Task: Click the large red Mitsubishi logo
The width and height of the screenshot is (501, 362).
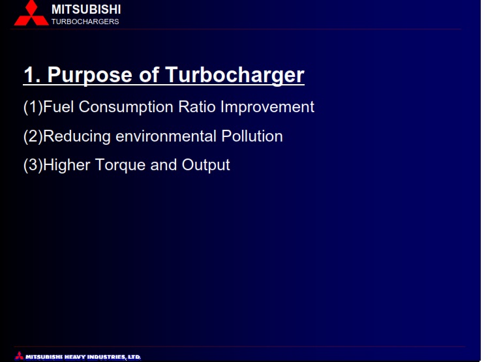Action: (x=31, y=13)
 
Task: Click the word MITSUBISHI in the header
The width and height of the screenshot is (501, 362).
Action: (x=86, y=10)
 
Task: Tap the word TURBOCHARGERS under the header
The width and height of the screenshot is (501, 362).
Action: (x=85, y=22)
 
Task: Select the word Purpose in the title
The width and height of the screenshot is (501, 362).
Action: (x=90, y=76)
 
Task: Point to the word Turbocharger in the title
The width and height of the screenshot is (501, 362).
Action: (x=235, y=76)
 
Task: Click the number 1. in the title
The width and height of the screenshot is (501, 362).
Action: (x=32, y=75)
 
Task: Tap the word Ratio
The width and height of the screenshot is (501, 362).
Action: (x=197, y=106)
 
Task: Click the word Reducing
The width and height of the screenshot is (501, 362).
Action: (x=77, y=137)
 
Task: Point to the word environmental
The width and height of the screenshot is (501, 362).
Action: (x=166, y=136)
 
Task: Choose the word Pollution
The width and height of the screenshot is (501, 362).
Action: (x=252, y=136)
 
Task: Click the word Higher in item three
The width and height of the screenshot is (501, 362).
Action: (x=67, y=166)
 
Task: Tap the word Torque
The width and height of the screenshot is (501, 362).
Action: (x=120, y=166)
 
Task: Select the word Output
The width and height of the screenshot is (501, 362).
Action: (x=205, y=166)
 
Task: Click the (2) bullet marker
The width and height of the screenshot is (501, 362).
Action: (x=33, y=137)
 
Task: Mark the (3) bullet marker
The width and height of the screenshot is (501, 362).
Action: (x=33, y=166)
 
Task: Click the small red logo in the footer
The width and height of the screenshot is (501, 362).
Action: (x=19, y=355)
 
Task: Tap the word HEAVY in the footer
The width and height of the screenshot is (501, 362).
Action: (x=74, y=357)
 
